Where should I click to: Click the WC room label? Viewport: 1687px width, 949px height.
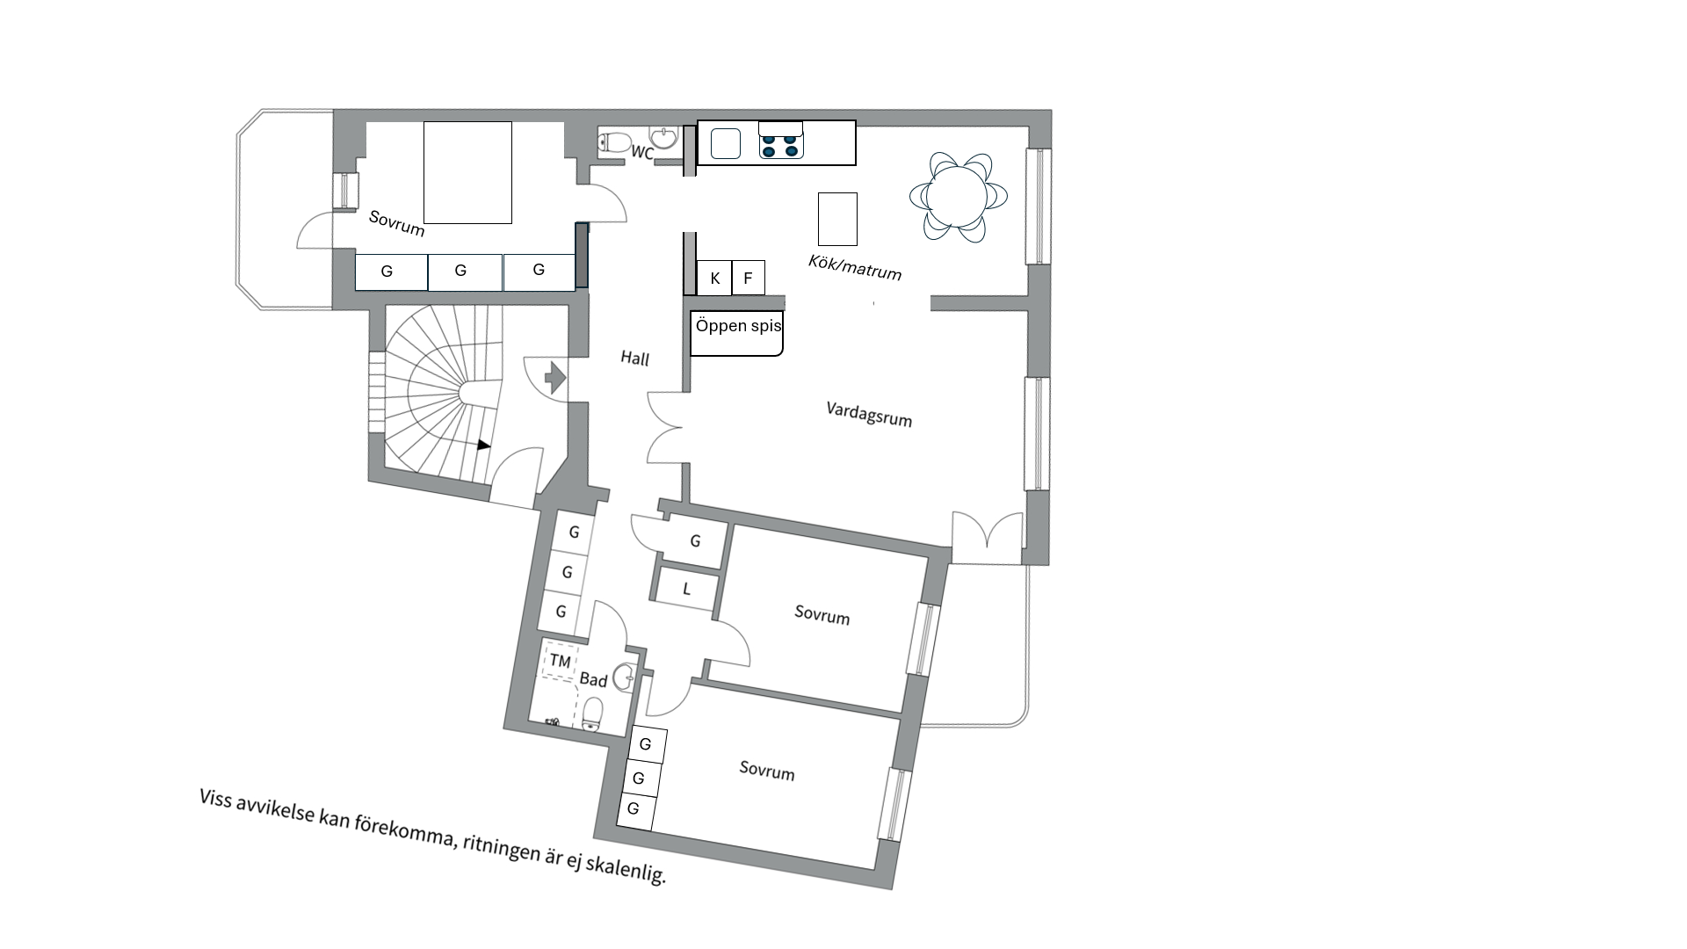point(642,153)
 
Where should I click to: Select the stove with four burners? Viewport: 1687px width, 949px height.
point(781,141)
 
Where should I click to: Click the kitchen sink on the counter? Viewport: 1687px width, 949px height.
point(726,143)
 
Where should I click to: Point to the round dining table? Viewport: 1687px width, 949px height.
point(959,197)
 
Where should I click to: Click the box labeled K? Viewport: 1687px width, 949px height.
point(714,278)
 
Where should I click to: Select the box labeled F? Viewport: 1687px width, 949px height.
point(748,278)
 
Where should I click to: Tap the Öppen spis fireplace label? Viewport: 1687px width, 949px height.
point(738,326)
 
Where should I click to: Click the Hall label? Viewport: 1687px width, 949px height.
point(634,359)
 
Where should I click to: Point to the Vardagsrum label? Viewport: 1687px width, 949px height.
point(869,414)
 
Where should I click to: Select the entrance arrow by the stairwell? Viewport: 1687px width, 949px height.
point(555,377)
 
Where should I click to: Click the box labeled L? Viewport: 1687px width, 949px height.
point(686,589)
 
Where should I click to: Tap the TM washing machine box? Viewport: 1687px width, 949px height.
point(560,662)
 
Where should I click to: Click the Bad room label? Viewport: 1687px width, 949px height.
point(593,679)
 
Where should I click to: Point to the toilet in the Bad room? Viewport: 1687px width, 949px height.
point(592,714)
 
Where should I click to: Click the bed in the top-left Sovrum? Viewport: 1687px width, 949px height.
point(467,172)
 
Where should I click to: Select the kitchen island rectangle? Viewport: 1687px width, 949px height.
point(837,219)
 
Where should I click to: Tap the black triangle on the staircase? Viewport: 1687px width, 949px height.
point(483,446)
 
